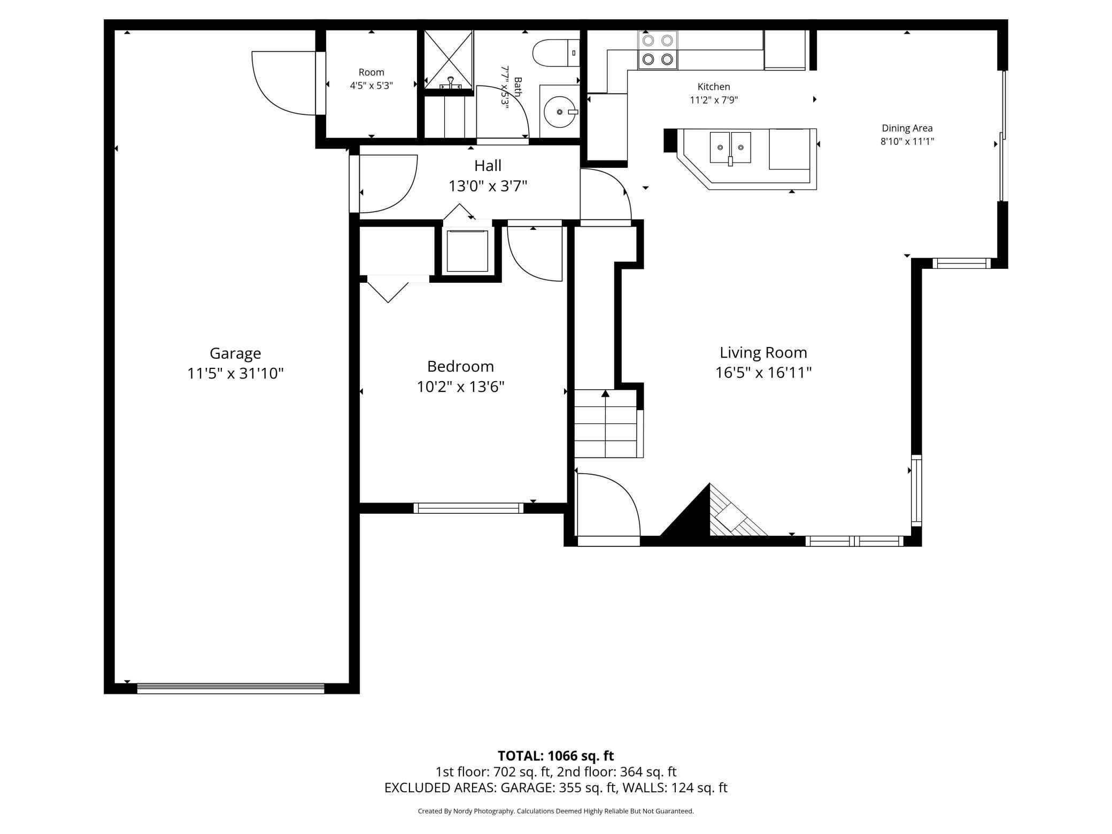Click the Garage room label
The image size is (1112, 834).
click(x=235, y=353)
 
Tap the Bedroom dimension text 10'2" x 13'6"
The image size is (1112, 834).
click(x=460, y=387)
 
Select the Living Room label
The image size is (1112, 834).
click(x=763, y=353)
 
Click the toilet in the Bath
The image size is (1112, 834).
click(x=556, y=53)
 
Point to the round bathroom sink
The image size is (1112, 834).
click(x=560, y=111)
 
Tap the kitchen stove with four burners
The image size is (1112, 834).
click(x=658, y=50)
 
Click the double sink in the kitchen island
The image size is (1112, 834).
click(x=730, y=147)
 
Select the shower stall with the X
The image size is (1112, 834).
click(x=449, y=60)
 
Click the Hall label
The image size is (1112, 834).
click(x=488, y=166)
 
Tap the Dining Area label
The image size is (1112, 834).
click(x=907, y=128)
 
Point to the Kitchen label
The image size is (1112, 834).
click(x=714, y=87)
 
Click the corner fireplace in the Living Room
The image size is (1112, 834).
click(x=713, y=513)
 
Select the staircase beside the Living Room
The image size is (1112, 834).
click(x=609, y=424)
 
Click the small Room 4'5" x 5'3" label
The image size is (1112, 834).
click(x=372, y=79)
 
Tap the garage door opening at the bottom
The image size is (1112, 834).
click(x=231, y=689)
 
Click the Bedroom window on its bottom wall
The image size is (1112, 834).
click(x=468, y=508)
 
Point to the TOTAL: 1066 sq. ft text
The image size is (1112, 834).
click(x=556, y=756)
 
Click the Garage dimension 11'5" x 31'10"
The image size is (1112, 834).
click(x=235, y=373)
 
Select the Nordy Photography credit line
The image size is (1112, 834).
click(x=556, y=811)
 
